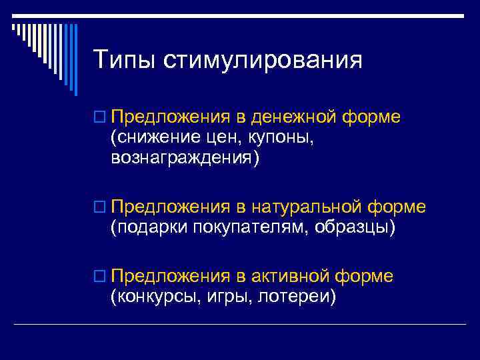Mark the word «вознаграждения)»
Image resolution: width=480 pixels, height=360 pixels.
(185, 158)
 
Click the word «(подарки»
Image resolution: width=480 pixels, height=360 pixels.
(149, 228)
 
